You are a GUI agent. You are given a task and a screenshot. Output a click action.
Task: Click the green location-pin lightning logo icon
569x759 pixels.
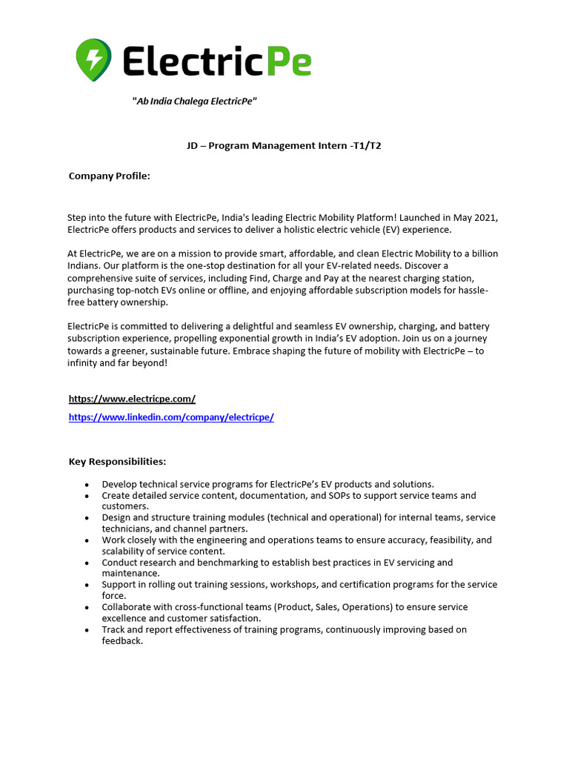(x=94, y=59)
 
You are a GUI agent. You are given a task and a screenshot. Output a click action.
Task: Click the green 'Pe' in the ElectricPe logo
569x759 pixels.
(x=289, y=60)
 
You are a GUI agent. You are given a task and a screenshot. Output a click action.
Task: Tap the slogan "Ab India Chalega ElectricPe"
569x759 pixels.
(x=194, y=101)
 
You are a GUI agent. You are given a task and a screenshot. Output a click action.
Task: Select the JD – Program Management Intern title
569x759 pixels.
(x=284, y=146)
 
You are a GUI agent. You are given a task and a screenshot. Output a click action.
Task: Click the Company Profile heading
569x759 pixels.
(x=110, y=176)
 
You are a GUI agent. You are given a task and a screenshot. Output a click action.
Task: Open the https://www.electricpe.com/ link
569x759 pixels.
(x=132, y=399)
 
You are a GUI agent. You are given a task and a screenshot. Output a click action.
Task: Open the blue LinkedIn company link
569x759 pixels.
(x=171, y=417)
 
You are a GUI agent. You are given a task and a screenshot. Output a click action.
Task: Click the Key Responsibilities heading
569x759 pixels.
(x=117, y=462)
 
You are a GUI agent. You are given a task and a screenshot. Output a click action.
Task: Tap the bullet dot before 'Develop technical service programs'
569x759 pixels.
(x=87, y=485)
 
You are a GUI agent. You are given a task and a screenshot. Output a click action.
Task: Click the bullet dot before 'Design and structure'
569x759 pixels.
(x=87, y=518)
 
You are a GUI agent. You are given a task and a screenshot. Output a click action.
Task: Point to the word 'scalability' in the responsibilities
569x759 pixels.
(x=126, y=551)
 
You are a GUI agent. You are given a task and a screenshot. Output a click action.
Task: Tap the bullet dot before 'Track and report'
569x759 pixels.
(x=87, y=630)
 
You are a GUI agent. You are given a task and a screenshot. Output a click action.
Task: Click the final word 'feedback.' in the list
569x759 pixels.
(x=122, y=641)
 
